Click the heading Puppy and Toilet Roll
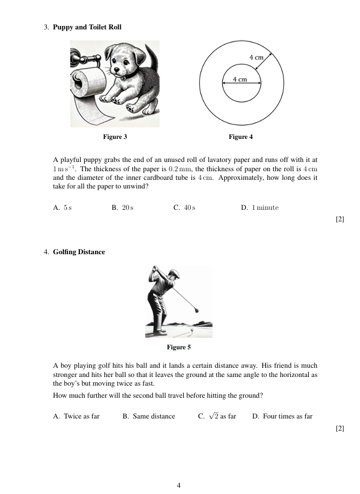(87, 27)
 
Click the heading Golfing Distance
(79, 252)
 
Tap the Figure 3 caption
(115, 137)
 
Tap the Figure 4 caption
(241, 137)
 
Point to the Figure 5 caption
(179, 347)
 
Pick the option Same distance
(149, 416)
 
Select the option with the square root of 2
(217, 416)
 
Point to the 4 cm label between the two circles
(256, 58)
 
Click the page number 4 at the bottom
(179, 485)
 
